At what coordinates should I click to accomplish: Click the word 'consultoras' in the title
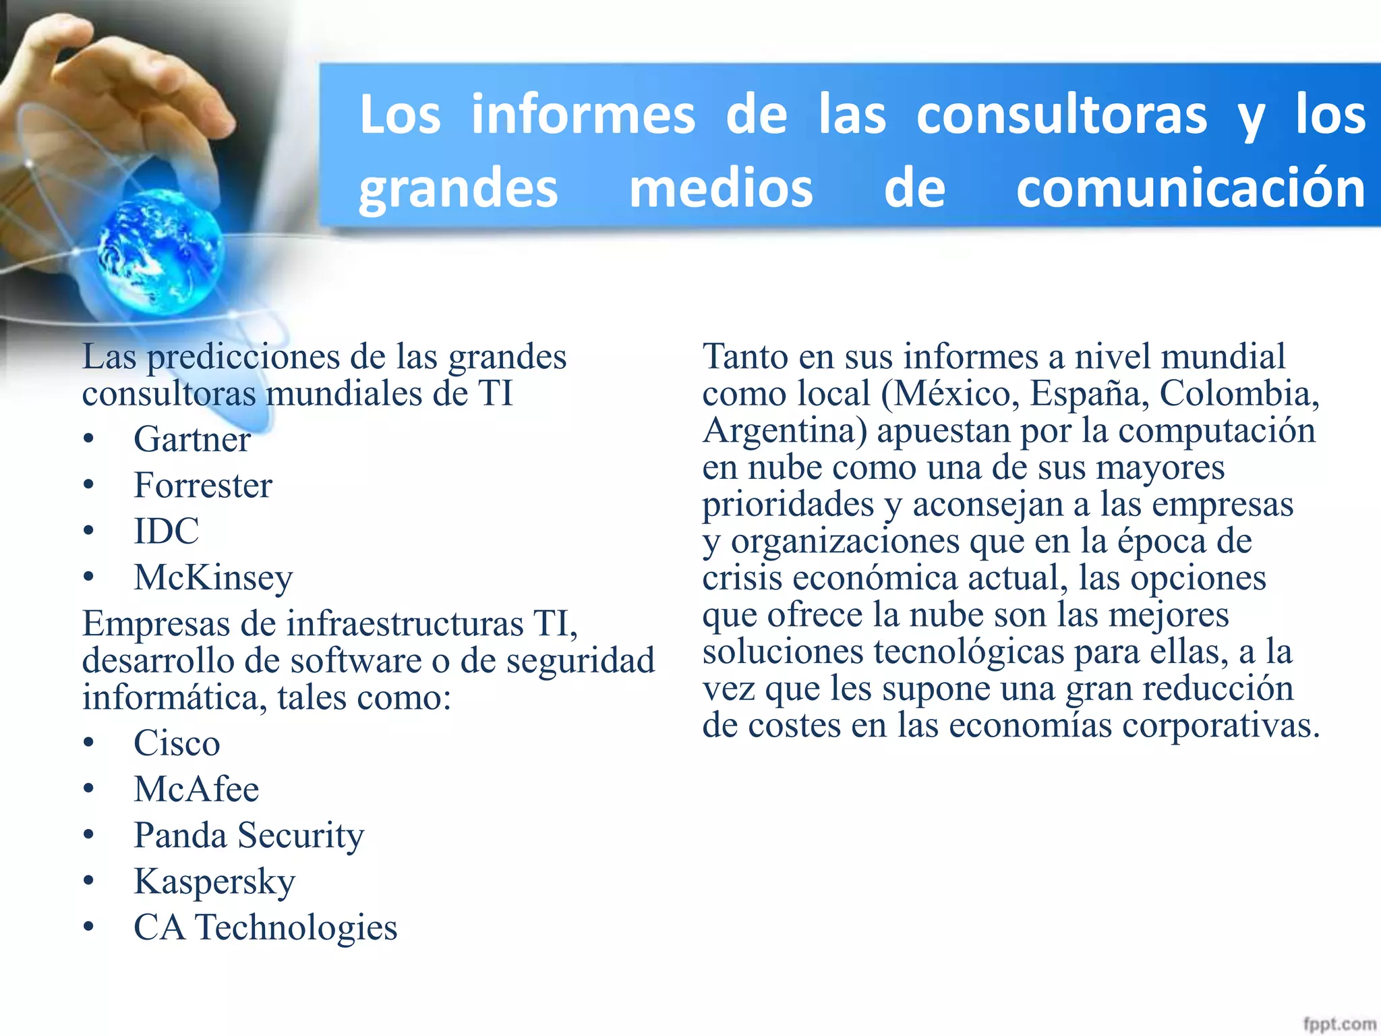[x=1061, y=115]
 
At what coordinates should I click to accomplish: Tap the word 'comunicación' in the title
[x=1191, y=188]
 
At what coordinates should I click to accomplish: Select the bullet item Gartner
[x=192, y=440]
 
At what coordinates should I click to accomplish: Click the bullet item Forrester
[x=203, y=486]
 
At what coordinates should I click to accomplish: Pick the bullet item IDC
[x=167, y=531]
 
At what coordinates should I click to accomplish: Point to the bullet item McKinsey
[x=213, y=577]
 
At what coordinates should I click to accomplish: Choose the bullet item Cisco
[x=177, y=743]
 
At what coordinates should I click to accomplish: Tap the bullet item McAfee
[x=196, y=789]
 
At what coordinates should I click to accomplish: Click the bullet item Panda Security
[x=249, y=836]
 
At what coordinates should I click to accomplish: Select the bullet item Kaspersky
[x=214, y=882]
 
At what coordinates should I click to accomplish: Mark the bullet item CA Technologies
[x=266, y=927]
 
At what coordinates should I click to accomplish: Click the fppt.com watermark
[x=1339, y=1024]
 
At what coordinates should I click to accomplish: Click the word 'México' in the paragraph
[x=956, y=393]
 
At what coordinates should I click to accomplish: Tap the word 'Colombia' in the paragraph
[x=1238, y=393]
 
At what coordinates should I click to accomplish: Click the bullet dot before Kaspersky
[x=88, y=882]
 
